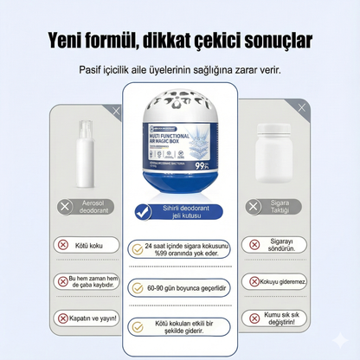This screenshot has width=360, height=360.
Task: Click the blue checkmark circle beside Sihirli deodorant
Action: (x=144, y=211)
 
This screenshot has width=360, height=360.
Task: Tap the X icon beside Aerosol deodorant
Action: (x=65, y=207)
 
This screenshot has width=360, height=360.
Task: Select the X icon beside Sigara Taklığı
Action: (x=253, y=207)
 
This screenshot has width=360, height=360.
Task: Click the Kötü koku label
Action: (x=90, y=245)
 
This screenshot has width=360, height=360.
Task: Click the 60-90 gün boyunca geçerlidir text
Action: (x=186, y=287)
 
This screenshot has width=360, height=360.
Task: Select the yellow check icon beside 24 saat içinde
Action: (x=136, y=247)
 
